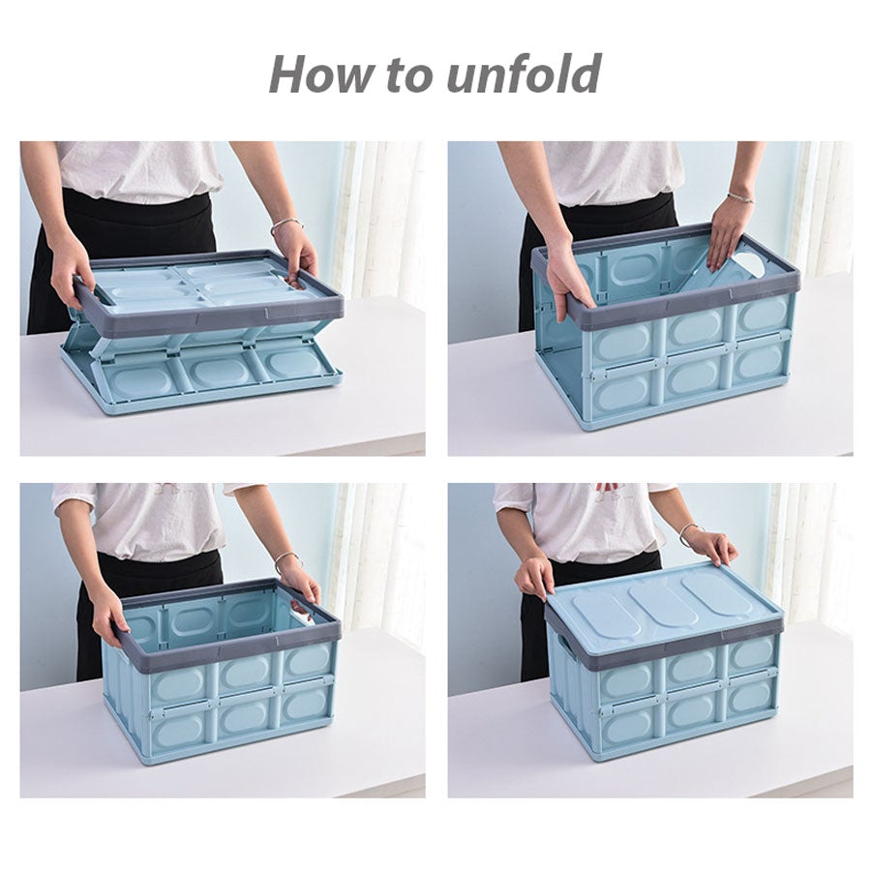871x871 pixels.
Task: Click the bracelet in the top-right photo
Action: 740,197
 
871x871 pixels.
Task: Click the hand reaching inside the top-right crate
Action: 727,233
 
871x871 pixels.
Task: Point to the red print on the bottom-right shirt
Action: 607,487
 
